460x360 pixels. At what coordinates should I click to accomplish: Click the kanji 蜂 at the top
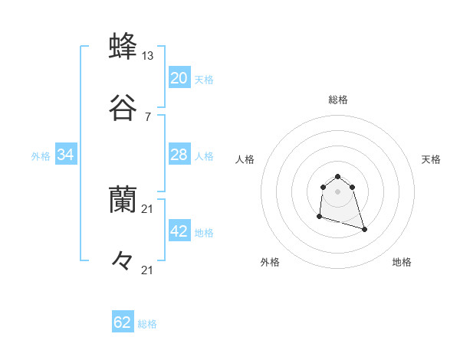point(123,47)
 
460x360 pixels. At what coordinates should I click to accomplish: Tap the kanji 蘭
point(123,200)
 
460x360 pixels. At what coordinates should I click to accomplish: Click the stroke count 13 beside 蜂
point(148,56)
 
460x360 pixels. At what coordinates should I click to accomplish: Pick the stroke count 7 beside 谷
point(147,116)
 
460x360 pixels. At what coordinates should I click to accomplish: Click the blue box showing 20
point(179,78)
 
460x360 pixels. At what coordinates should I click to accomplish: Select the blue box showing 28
point(179,155)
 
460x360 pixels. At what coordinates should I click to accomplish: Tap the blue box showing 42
point(179,231)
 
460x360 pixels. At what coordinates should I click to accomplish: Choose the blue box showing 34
point(65,155)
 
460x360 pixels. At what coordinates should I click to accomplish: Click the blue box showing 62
point(123,322)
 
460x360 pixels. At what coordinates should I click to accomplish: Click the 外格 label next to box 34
point(41,156)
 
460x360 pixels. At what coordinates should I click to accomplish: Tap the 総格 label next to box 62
point(147,324)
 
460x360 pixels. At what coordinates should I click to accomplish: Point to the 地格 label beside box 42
point(204,233)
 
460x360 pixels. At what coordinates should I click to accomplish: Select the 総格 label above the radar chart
point(337,100)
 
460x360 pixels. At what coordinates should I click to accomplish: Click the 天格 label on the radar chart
point(431,159)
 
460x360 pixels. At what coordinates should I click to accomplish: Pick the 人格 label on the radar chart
point(245,159)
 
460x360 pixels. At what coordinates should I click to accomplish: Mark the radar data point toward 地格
point(364,229)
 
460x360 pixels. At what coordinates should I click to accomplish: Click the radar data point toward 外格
point(319,217)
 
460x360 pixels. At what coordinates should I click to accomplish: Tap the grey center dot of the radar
point(337,191)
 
